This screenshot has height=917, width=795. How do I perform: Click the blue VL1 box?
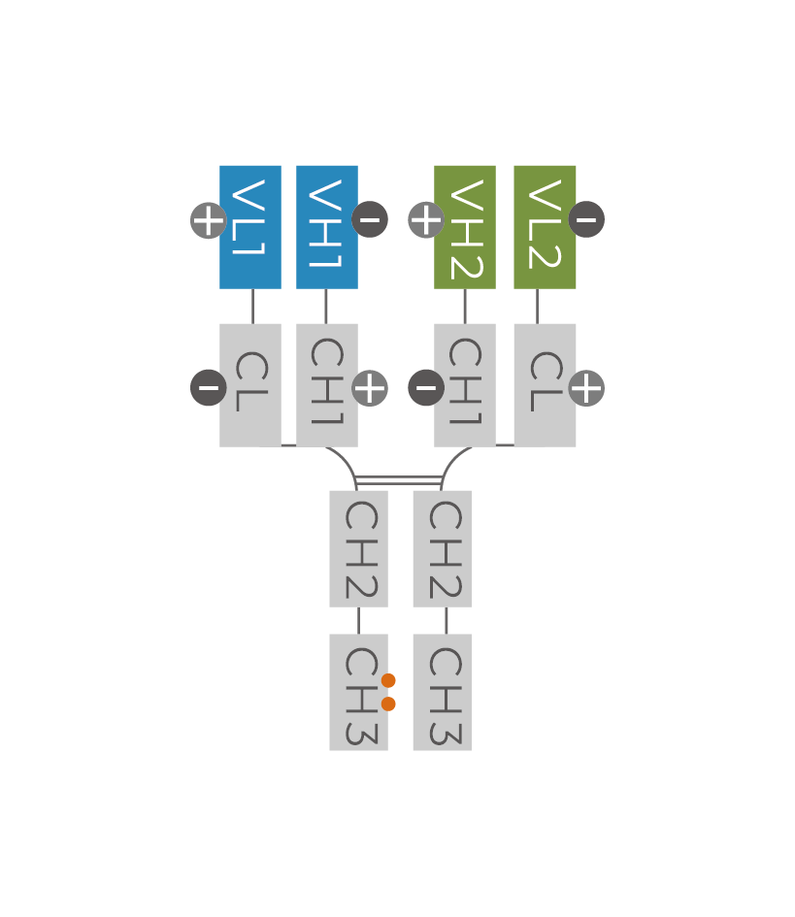click(x=250, y=227)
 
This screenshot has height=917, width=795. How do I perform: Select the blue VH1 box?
click(x=327, y=227)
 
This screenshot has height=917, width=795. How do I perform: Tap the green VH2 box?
click(x=465, y=227)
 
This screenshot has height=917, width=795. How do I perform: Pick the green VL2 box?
click(x=545, y=227)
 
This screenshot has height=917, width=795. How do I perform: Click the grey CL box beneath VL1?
click(x=250, y=385)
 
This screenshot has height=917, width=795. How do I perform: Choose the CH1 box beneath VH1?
click(x=327, y=385)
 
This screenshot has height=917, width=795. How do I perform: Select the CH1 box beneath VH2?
click(x=465, y=385)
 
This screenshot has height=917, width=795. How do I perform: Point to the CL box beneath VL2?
click(x=545, y=385)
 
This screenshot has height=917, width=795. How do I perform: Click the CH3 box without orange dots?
click(x=442, y=692)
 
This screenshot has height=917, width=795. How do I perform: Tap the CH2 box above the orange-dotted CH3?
click(x=358, y=548)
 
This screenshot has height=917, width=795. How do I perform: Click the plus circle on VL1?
click(x=209, y=220)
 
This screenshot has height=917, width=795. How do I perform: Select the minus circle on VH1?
click(x=370, y=219)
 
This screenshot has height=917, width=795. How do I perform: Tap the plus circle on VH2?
click(x=426, y=220)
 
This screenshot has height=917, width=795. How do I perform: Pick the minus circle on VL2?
click(x=586, y=219)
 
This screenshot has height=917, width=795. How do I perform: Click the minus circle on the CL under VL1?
click(x=209, y=388)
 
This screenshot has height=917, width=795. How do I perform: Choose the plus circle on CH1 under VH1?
click(x=370, y=388)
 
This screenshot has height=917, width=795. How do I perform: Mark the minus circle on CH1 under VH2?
click(x=426, y=388)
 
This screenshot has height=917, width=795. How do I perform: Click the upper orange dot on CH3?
click(x=388, y=680)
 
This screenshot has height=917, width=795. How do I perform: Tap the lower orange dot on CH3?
click(x=388, y=704)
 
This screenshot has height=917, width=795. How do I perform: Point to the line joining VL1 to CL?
click(x=252, y=306)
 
